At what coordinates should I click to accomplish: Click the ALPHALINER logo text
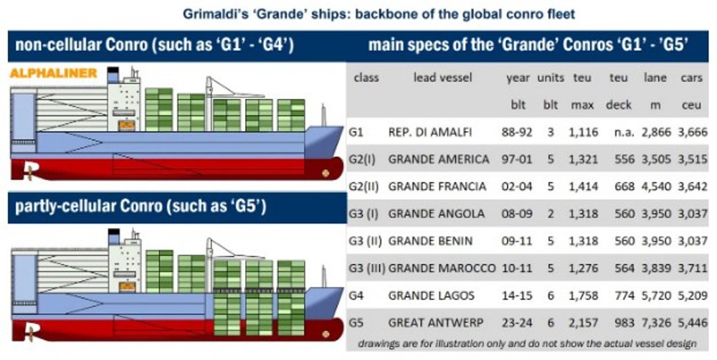[x=54, y=73]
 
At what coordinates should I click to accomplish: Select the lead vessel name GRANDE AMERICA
[x=439, y=159]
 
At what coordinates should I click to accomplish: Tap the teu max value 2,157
[x=584, y=323]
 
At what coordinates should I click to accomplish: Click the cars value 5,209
[x=693, y=295]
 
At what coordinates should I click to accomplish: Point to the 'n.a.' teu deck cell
[x=625, y=132]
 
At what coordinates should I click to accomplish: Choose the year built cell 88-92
[x=517, y=132]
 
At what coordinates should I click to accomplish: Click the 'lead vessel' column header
[x=442, y=77]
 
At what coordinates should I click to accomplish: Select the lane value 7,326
[x=656, y=323]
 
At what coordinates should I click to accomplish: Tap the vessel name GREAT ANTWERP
[x=435, y=323]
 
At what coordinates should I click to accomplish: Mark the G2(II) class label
[x=364, y=186]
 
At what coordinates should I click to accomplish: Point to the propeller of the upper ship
[x=30, y=172]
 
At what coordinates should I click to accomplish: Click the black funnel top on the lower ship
[x=113, y=231]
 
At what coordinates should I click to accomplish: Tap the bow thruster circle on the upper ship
[x=326, y=173]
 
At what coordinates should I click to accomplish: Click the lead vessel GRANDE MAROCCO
[x=442, y=268]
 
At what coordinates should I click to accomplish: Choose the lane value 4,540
[x=656, y=186]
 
